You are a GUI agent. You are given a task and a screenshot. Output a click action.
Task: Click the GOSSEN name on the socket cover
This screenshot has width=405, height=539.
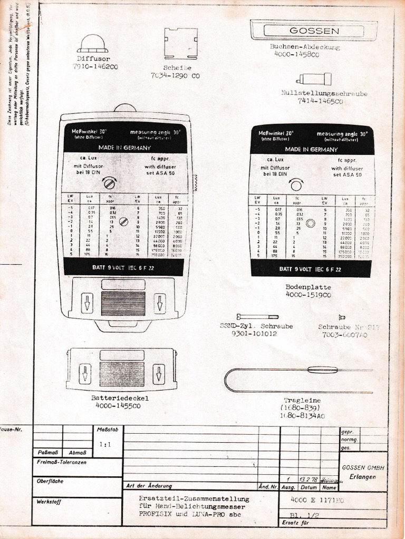(314, 31)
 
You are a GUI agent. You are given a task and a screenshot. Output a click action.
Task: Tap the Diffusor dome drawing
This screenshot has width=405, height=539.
(92, 44)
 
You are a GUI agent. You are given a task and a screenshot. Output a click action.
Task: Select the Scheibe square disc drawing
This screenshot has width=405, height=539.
(180, 43)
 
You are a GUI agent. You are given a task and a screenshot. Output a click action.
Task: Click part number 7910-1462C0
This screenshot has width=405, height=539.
(95, 67)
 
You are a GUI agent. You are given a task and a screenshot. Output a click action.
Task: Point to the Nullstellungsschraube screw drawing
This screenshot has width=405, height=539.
(315, 79)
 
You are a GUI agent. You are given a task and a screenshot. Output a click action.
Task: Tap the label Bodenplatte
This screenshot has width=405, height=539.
(308, 287)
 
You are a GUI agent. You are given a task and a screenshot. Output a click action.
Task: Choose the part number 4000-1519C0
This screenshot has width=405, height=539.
(308, 295)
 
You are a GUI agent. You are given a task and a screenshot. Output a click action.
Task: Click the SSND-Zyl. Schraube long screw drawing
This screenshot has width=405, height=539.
(257, 316)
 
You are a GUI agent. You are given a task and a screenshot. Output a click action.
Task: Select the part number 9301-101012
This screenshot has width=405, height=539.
(254, 334)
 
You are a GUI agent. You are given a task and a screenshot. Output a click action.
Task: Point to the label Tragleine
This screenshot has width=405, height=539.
(302, 401)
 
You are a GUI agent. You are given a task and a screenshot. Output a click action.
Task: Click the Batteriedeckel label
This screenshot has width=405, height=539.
(120, 398)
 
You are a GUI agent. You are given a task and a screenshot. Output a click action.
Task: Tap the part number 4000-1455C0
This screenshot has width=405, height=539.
(118, 406)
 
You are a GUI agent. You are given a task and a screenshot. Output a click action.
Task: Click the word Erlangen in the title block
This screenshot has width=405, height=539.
(363, 477)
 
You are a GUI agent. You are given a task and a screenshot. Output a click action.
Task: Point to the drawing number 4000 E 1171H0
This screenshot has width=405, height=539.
(317, 501)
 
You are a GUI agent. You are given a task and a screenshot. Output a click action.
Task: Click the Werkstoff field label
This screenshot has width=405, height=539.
(49, 502)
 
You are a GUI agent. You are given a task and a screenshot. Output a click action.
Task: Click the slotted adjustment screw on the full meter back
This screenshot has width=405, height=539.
(110, 184)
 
